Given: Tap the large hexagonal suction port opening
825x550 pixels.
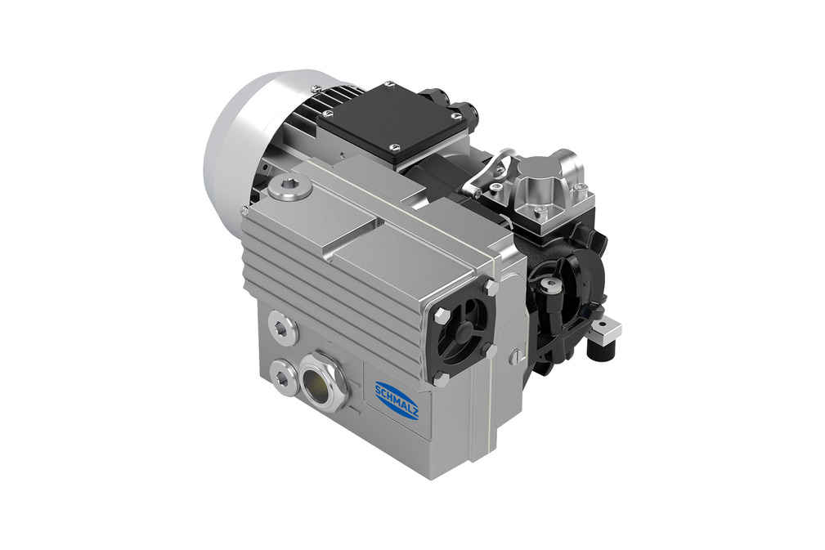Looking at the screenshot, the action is [x=322, y=379].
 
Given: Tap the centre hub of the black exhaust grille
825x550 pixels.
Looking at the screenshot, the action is [x=464, y=329].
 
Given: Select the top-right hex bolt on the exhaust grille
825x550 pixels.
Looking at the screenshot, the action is [x=492, y=287].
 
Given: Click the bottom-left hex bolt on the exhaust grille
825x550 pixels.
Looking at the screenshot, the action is [x=441, y=378].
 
